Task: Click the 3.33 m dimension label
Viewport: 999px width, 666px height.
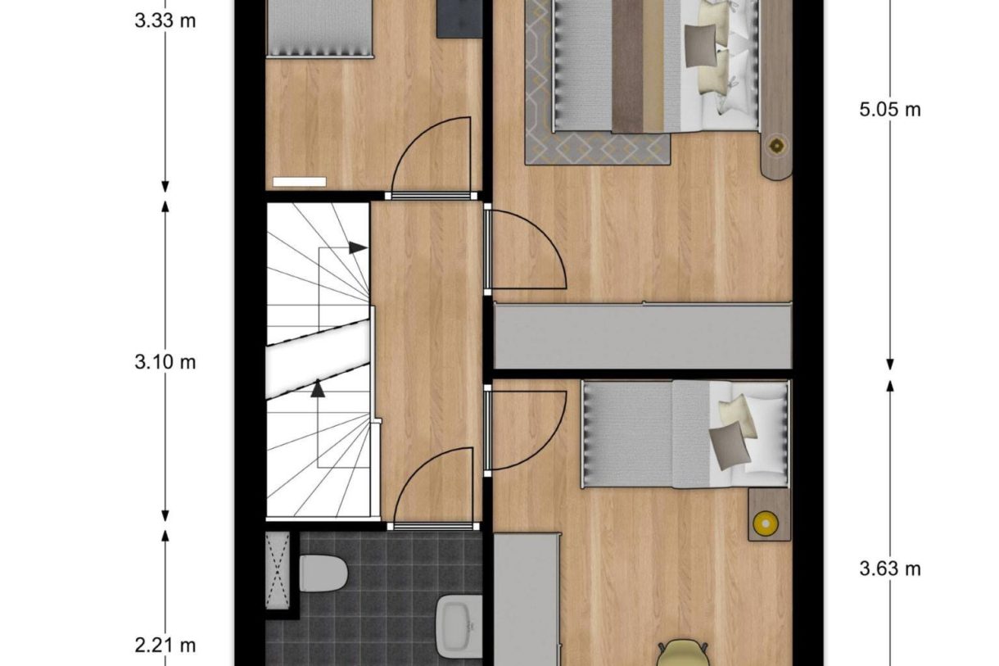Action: (x=165, y=20)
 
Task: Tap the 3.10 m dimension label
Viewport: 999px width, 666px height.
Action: (x=165, y=361)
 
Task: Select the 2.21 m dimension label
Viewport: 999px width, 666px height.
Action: (x=165, y=646)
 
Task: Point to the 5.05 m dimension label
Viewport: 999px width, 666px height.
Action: (x=890, y=109)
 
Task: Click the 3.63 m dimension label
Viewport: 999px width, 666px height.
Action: (x=890, y=568)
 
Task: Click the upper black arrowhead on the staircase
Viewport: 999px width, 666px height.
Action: (x=357, y=247)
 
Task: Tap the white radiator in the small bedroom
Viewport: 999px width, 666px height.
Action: (x=299, y=181)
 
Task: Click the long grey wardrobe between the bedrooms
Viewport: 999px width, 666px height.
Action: (x=643, y=336)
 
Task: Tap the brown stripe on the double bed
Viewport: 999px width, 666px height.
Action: (x=627, y=66)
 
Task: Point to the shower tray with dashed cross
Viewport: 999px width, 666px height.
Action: (x=278, y=569)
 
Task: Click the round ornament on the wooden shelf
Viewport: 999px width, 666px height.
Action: (x=775, y=146)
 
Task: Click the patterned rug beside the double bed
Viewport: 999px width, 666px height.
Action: (x=598, y=147)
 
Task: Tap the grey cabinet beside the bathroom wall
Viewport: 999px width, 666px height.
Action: (x=527, y=598)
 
